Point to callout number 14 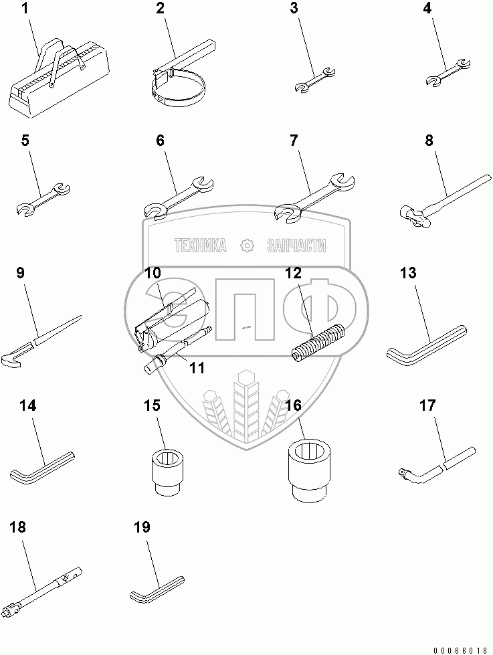(x=27, y=405)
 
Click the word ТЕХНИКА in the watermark (x=199, y=246)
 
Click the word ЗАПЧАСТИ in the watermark (x=296, y=246)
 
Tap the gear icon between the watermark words (x=248, y=246)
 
